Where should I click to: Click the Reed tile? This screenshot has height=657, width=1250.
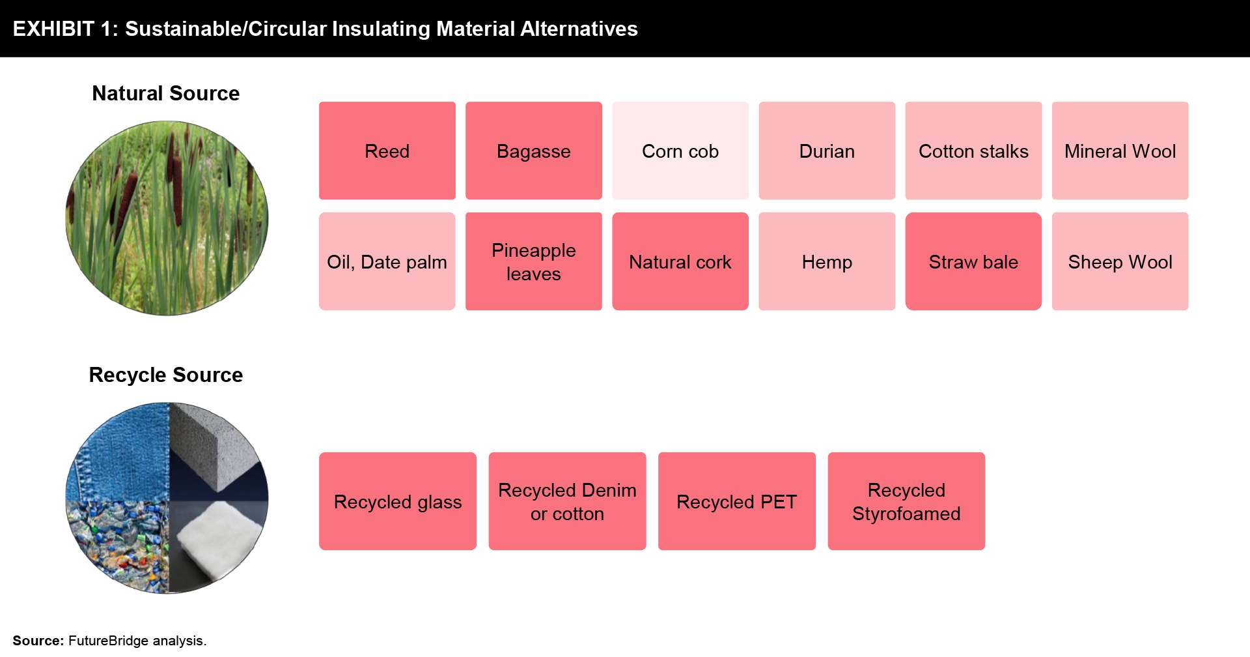[x=387, y=151]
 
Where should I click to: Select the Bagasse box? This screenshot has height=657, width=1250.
[x=534, y=151]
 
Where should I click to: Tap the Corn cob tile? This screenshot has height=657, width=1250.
[x=680, y=151]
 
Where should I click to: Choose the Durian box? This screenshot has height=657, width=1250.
[x=827, y=151]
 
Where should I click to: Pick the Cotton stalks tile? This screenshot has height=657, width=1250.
[x=973, y=151]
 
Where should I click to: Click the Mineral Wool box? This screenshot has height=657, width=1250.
[x=1120, y=151]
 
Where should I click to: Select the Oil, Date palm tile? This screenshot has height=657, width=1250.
[x=387, y=261]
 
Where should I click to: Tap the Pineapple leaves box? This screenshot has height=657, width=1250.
[x=534, y=261]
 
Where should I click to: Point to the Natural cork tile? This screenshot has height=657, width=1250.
[x=680, y=261]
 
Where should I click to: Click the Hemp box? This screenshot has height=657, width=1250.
[x=827, y=261]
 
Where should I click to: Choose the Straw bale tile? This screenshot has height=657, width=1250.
[x=973, y=261]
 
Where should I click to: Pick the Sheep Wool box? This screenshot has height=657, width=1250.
[x=1120, y=261]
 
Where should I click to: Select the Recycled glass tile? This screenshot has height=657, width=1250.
[x=398, y=501]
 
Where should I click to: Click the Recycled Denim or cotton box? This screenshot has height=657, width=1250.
[x=567, y=501]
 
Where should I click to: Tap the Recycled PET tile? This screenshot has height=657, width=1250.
[x=737, y=501]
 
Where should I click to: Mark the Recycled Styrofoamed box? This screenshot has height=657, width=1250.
[x=906, y=501]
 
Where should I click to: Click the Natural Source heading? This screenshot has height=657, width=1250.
[x=166, y=93]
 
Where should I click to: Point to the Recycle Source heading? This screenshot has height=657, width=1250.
[x=166, y=375]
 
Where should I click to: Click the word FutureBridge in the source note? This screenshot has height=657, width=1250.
[x=108, y=641]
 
